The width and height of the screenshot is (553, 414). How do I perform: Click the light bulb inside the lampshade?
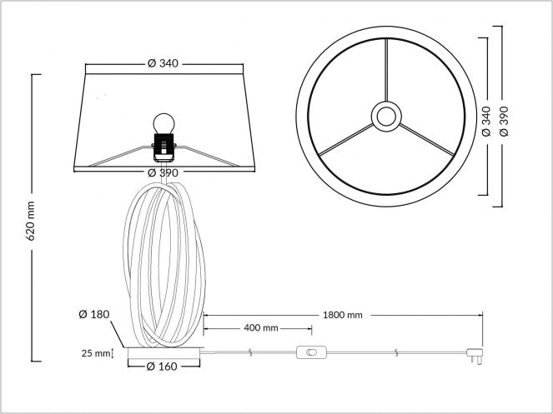[x=164, y=123]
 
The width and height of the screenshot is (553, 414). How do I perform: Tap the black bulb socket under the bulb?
[x=163, y=147]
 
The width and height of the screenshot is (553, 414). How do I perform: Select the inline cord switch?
[x=311, y=352]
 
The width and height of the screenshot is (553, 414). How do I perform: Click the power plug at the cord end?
[x=475, y=355]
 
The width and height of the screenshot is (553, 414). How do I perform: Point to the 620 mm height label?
[x=31, y=222]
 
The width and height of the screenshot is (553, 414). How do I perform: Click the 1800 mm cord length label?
[x=343, y=315]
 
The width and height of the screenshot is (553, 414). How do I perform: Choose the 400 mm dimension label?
[x=261, y=328]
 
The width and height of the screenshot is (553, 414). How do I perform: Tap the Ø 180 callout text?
[x=94, y=314]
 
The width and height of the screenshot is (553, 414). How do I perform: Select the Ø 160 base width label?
[x=162, y=367]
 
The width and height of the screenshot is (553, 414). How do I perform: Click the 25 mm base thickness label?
[x=96, y=353]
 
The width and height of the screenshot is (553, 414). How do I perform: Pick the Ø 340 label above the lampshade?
[x=163, y=63]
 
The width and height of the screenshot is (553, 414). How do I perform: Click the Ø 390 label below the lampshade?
[x=163, y=172]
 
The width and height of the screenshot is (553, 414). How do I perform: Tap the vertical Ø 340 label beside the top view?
[x=486, y=122]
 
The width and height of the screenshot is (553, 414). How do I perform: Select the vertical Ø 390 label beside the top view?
[x=504, y=122]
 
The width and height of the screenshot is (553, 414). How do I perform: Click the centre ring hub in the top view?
[x=386, y=117]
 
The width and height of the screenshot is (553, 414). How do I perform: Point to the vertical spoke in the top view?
[x=386, y=70]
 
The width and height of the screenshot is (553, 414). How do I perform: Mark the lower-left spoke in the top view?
[x=346, y=140]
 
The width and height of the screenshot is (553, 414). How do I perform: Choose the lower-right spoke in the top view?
[x=427, y=139]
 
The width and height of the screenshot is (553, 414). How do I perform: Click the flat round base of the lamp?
[x=163, y=352]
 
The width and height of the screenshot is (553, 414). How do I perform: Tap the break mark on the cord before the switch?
[x=250, y=352]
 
